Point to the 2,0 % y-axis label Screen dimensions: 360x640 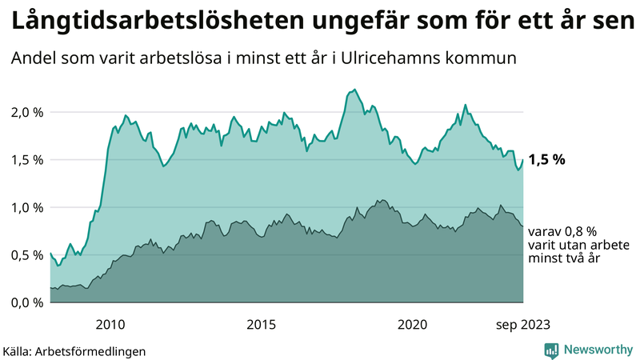(x=26, y=112)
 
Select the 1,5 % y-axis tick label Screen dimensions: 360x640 (x=26, y=159)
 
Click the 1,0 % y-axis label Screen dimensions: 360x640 (x=26, y=207)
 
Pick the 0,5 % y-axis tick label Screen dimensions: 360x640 (x=26, y=254)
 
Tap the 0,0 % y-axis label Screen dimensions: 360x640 (x=26, y=302)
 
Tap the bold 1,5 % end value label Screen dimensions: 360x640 (x=546, y=159)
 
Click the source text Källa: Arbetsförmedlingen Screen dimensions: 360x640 (x=74, y=350)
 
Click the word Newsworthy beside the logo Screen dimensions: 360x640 (x=599, y=350)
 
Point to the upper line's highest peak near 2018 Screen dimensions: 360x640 (x=354, y=90)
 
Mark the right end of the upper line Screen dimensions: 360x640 (x=523, y=160)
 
